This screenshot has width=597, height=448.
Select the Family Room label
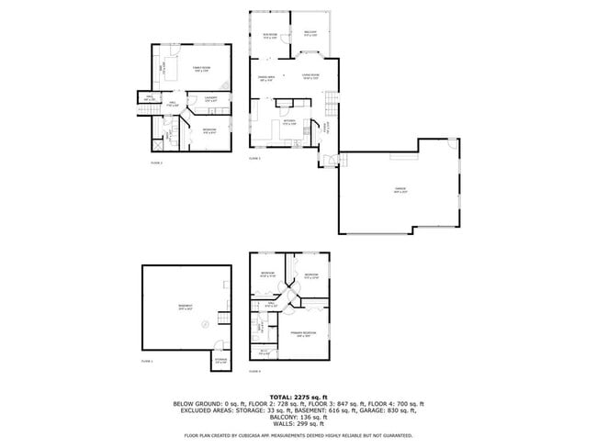200,70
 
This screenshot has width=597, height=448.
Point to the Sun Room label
270,38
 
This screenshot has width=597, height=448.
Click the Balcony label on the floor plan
310,34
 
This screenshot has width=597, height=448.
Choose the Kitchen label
288,122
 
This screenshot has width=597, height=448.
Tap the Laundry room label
210,98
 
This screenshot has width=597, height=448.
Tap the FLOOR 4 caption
254,371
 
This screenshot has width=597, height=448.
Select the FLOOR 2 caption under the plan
155,162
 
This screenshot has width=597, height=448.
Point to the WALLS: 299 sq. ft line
298,425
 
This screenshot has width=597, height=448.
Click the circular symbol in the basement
205,323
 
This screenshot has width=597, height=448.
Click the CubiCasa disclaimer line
298,435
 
